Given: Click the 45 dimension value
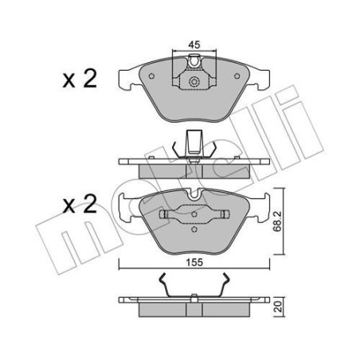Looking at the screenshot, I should [194, 45].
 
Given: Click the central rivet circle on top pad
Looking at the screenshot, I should [194, 84].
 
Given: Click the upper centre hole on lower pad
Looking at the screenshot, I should [194, 212].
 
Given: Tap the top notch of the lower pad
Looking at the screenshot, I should [194, 197].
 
